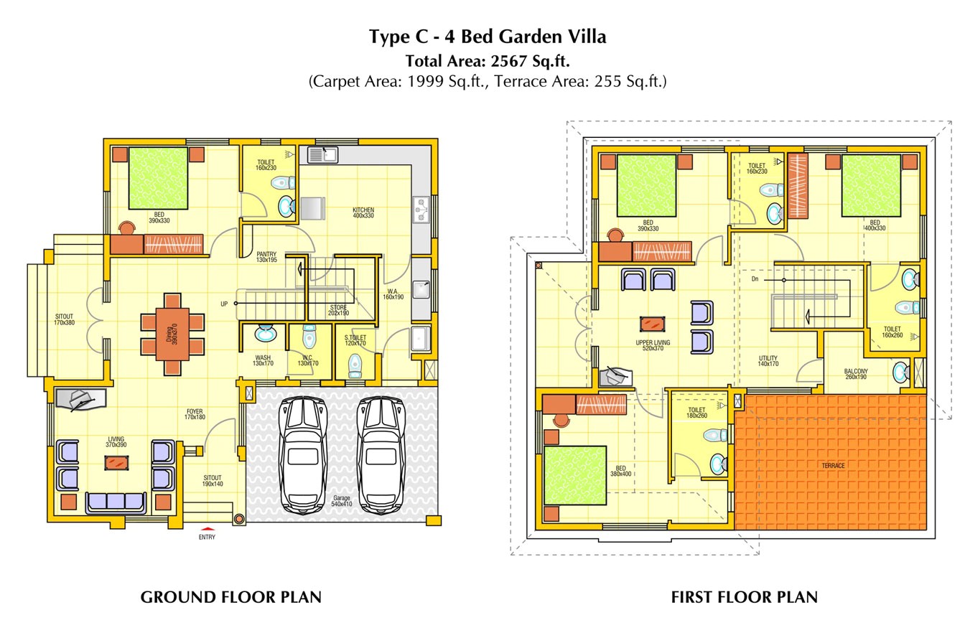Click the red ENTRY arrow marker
(207, 530)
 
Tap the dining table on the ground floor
(172, 334)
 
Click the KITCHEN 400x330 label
(363, 212)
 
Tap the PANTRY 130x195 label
(266, 257)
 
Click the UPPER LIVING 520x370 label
(653, 345)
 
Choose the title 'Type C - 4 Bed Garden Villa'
(488, 37)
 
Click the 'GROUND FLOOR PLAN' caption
(230, 597)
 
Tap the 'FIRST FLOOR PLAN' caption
(744, 597)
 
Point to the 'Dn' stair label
(755, 278)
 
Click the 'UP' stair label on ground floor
(224, 304)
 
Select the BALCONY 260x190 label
(856, 374)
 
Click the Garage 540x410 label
(342, 501)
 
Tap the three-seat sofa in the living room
(115, 502)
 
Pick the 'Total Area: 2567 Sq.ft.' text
(488, 60)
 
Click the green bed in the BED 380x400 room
(575, 475)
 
